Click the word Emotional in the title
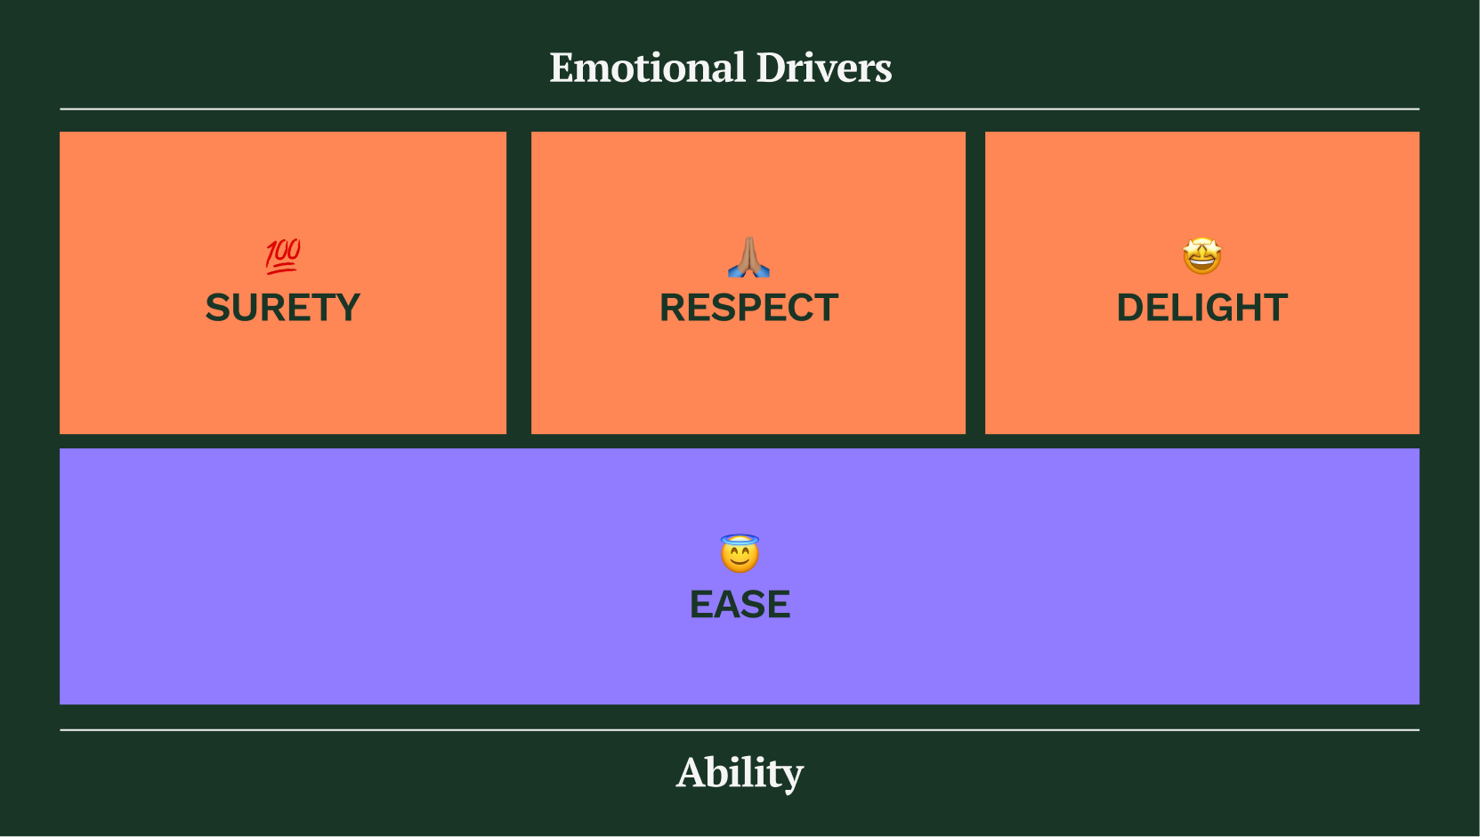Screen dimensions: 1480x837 point(647,68)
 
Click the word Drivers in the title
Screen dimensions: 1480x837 point(823,68)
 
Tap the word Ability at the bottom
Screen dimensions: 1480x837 point(740,772)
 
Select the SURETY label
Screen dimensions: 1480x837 point(283,308)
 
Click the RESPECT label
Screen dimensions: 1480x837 point(748,308)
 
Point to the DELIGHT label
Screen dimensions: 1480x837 point(1201,308)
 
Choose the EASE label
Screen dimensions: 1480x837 point(740,605)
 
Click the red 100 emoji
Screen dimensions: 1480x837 point(283,255)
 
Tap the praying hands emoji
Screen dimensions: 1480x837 point(748,256)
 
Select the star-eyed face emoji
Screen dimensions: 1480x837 point(1201,256)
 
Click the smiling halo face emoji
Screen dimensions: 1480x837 point(740,555)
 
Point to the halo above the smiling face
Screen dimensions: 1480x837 point(740,538)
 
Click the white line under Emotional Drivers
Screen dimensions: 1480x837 point(740,109)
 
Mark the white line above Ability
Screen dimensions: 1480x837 point(740,729)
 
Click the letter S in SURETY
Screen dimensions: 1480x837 point(218,308)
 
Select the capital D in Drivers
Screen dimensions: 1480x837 point(773,68)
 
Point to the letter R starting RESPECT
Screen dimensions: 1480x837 point(674,308)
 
